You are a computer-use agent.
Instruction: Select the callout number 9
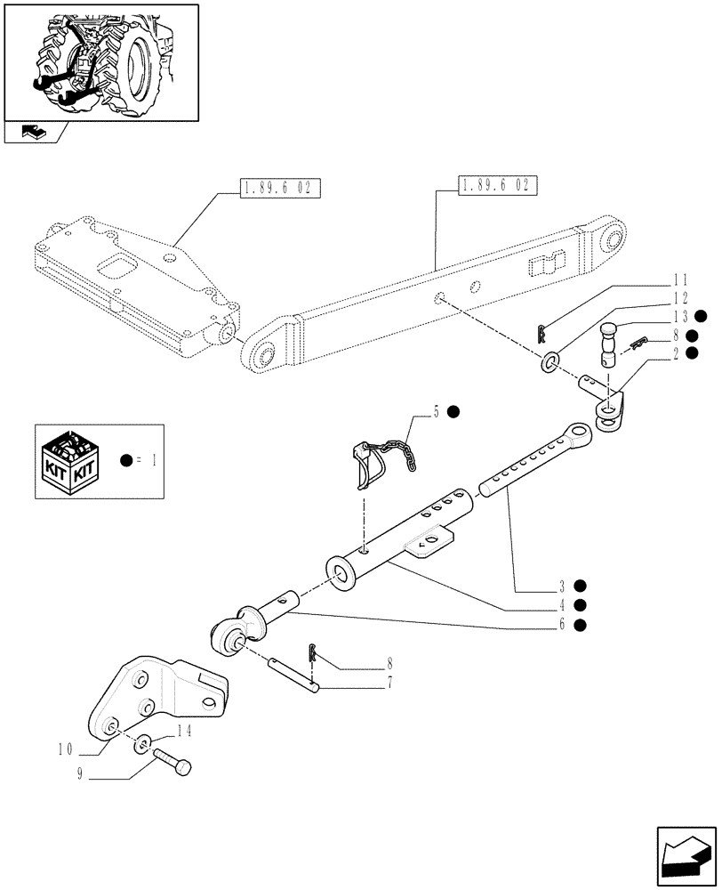click(82, 773)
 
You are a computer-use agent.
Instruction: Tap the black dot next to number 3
click(579, 586)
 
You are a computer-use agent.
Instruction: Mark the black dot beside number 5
click(453, 411)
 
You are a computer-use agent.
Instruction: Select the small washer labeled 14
click(141, 743)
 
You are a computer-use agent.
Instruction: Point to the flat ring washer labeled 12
click(551, 362)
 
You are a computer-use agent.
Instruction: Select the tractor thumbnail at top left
click(100, 61)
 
